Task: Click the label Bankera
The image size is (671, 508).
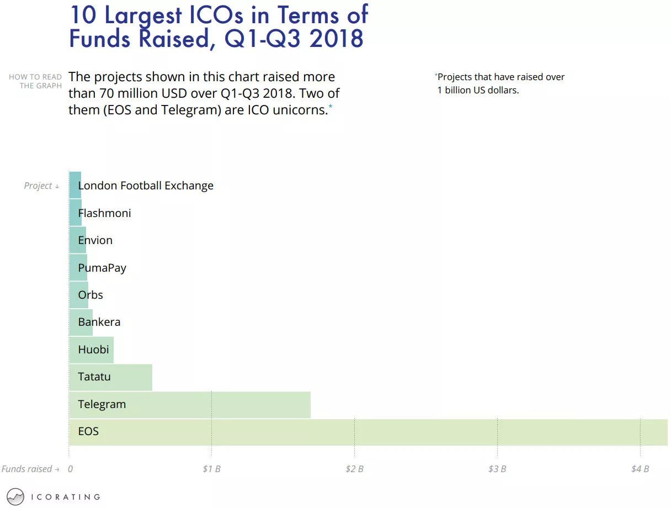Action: [x=99, y=322]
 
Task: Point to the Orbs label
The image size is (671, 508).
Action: [x=90, y=295]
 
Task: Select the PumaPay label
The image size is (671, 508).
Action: [x=102, y=268]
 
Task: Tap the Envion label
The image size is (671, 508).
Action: [x=95, y=240]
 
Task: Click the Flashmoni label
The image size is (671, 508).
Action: [x=105, y=213]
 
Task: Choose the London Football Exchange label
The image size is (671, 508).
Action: [x=146, y=186]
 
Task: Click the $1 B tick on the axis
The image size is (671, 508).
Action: [x=211, y=469]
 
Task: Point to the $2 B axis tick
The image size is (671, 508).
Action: [x=354, y=469]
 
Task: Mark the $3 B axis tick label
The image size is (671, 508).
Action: [x=497, y=469]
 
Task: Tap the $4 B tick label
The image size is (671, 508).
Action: [x=640, y=469]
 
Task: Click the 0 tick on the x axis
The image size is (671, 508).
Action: [x=70, y=469]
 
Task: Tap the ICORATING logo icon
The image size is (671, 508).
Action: [x=16, y=496]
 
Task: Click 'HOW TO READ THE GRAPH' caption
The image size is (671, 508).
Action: [x=35, y=81]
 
